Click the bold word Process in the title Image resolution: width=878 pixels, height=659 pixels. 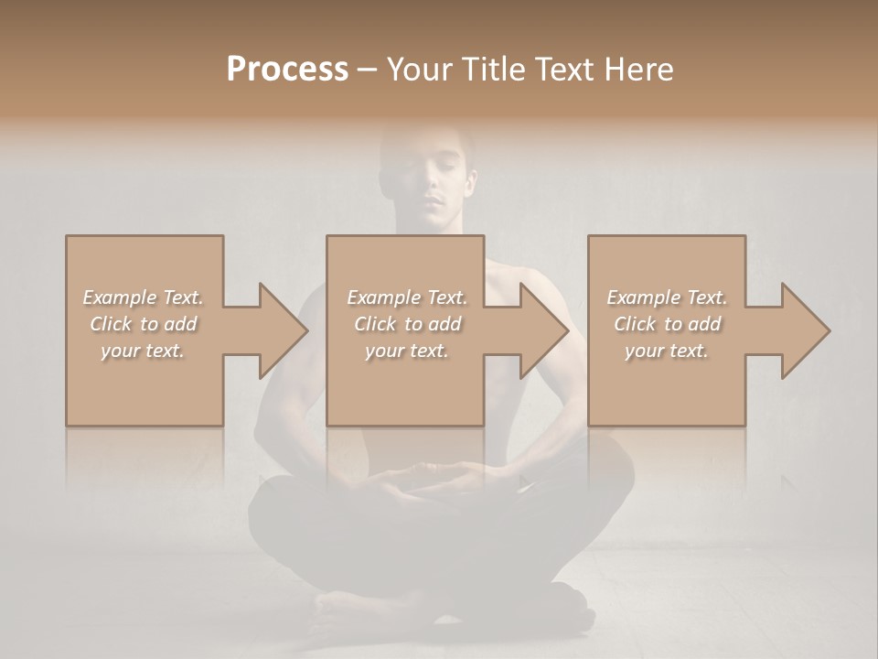pos(287,69)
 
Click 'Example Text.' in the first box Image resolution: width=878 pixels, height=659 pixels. pos(143,297)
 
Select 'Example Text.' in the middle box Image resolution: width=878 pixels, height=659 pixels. pos(407,297)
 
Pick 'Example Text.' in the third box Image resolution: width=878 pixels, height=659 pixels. pos(667,297)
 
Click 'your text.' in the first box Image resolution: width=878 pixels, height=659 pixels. pos(143,351)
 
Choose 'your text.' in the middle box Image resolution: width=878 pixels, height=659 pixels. pos(407,351)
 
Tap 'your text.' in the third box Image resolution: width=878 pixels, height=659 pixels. pos(667,351)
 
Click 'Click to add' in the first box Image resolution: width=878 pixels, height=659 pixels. pos(143,324)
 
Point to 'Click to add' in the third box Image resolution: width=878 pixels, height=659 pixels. pos(667,324)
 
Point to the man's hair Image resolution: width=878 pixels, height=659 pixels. pos(430,137)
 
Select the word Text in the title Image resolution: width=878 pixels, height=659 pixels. pos(562,69)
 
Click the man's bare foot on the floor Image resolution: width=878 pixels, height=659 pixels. pos(352,607)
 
